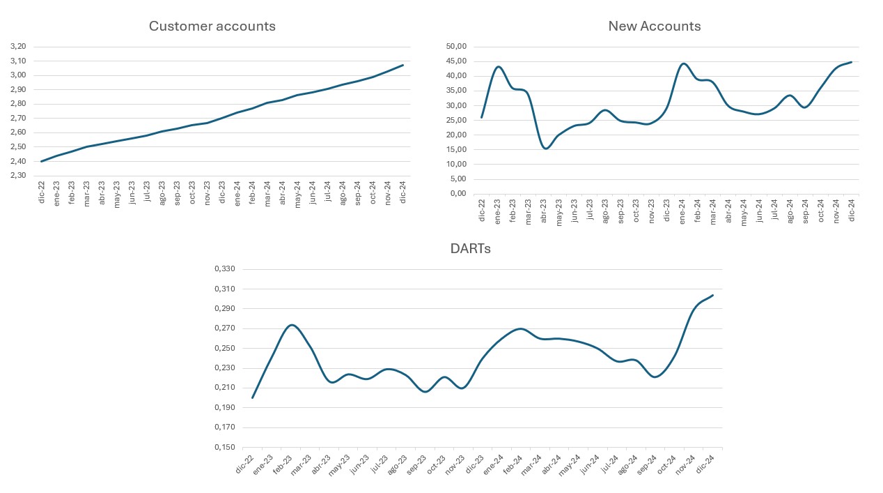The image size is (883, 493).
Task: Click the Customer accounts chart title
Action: (x=212, y=26)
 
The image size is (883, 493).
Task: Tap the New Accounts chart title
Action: (x=654, y=26)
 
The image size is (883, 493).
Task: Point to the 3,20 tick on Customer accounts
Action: (x=18, y=47)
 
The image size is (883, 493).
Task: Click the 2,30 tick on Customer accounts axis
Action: (x=18, y=176)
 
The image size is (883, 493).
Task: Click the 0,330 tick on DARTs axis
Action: (x=225, y=269)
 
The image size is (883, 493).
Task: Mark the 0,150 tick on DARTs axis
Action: (x=225, y=447)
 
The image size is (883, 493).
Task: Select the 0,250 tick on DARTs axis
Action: (x=225, y=348)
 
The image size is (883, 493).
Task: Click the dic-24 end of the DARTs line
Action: (x=713, y=295)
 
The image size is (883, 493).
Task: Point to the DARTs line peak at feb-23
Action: (x=292, y=325)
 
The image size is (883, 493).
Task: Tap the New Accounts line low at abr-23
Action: (x=546, y=149)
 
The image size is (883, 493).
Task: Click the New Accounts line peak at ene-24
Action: (x=683, y=63)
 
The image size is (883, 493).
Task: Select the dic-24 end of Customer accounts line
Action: (x=403, y=65)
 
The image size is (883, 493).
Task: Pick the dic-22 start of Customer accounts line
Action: (x=42, y=161)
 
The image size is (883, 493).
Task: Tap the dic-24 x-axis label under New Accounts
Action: (x=850, y=209)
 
